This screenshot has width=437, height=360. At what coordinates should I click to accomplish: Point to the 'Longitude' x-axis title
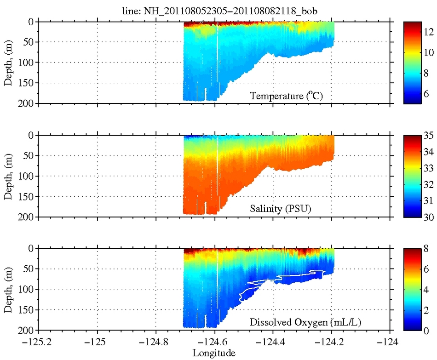point(214,353)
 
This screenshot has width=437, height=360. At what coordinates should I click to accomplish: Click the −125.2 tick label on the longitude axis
point(39,343)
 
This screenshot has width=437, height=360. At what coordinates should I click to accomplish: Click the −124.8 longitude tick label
point(156,343)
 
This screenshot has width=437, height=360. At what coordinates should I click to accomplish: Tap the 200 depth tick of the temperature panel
point(28,103)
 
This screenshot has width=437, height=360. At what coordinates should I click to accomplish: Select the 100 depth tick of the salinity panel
point(28,176)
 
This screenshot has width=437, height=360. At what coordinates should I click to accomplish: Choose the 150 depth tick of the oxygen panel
point(28,309)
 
